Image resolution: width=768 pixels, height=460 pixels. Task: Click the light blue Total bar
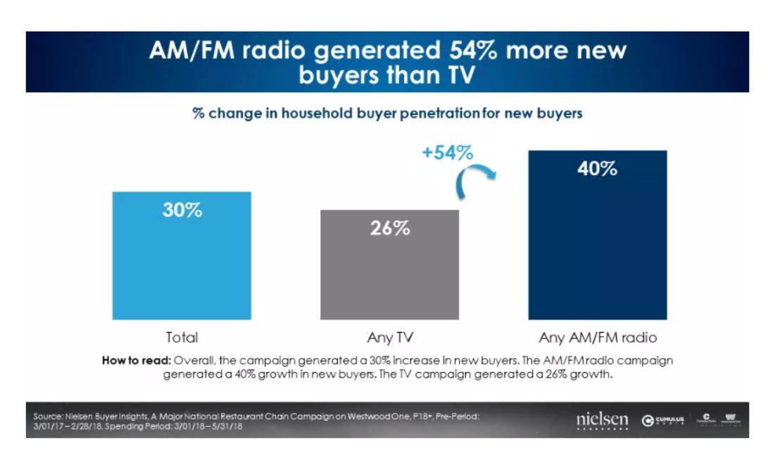(182, 267)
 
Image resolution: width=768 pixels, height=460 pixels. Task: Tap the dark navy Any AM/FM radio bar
(597, 246)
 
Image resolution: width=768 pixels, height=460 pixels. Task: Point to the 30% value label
(182, 210)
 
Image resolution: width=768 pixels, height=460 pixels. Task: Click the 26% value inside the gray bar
(389, 229)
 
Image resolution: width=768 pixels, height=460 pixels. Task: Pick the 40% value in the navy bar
(598, 169)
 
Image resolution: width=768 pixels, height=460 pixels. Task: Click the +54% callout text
(448, 153)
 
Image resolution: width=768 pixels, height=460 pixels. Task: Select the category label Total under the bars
(182, 337)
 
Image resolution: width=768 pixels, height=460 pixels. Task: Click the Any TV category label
(389, 337)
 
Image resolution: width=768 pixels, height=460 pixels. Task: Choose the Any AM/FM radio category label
(598, 337)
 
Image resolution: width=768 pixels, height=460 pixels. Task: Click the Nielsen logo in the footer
(602, 420)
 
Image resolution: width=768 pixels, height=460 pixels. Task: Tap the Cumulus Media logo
(662, 421)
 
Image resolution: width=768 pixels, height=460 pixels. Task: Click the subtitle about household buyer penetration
(387, 113)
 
